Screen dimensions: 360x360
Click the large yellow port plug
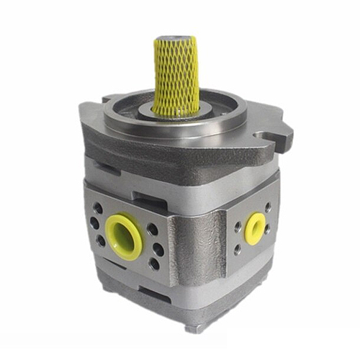[123, 237]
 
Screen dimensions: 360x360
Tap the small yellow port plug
[255, 228]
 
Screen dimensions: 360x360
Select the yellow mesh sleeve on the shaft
[176, 76]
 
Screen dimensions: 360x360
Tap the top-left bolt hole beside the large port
[98, 208]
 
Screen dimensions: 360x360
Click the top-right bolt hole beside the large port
[152, 230]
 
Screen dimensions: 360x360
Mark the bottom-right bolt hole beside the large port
[153, 264]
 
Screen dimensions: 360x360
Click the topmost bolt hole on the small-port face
[268, 207]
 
